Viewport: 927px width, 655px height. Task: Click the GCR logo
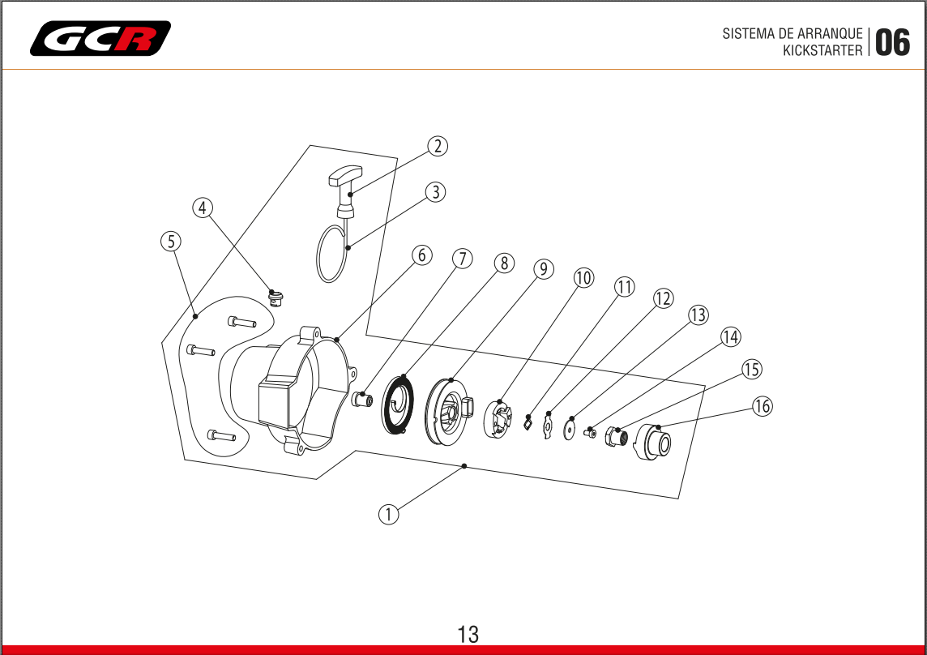[100, 38]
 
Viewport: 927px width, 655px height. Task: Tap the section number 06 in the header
[892, 42]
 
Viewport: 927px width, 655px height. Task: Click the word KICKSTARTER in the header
[822, 50]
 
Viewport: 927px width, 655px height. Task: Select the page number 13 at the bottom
[468, 634]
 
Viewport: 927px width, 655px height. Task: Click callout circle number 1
[388, 514]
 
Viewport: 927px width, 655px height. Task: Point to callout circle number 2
[438, 146]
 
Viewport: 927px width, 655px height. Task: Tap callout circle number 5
[170, 241]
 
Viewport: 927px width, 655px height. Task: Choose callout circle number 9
[543, 268]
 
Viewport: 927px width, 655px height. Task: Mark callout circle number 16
[762, 406]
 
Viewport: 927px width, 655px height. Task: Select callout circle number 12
[663, 298]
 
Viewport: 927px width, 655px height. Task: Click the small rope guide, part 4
[276, 297]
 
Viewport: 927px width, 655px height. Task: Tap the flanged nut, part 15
[617, 439]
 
